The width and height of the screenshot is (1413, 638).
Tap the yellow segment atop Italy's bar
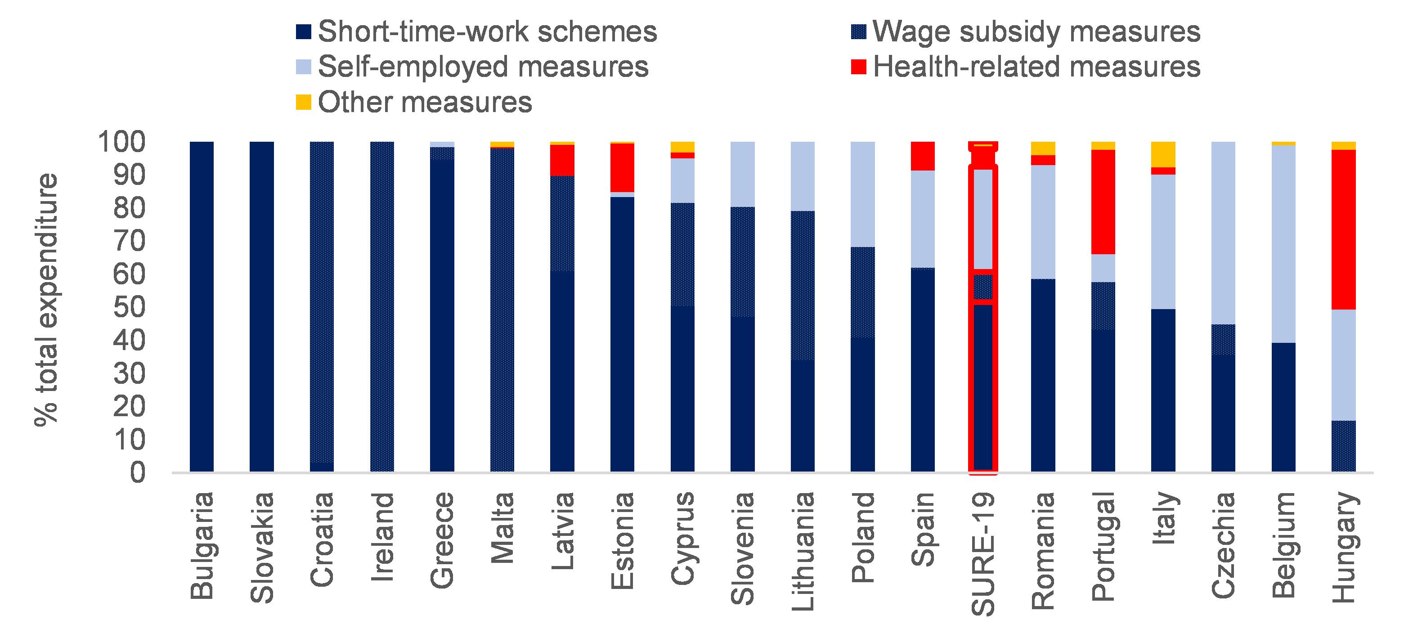tap(1163, 154)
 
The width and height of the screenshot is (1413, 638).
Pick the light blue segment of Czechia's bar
tap(1223, 233)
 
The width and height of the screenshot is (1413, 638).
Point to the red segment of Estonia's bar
tap(622, 167)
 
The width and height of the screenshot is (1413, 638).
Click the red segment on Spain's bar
tap(923, 156)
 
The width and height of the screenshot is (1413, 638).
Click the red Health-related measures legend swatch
tap(858, 67)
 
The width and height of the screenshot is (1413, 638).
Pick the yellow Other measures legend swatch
tap(303, 102)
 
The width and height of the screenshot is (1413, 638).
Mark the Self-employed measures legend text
tap(483, 67)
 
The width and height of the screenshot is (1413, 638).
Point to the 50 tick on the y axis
tap(129, 307)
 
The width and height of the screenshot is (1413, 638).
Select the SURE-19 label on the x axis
tap(983, 554)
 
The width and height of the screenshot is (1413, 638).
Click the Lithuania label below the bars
tap(803, 551)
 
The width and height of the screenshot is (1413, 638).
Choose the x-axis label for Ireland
tap(382, 538)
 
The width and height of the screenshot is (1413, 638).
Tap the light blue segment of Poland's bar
tap(862, 194)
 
